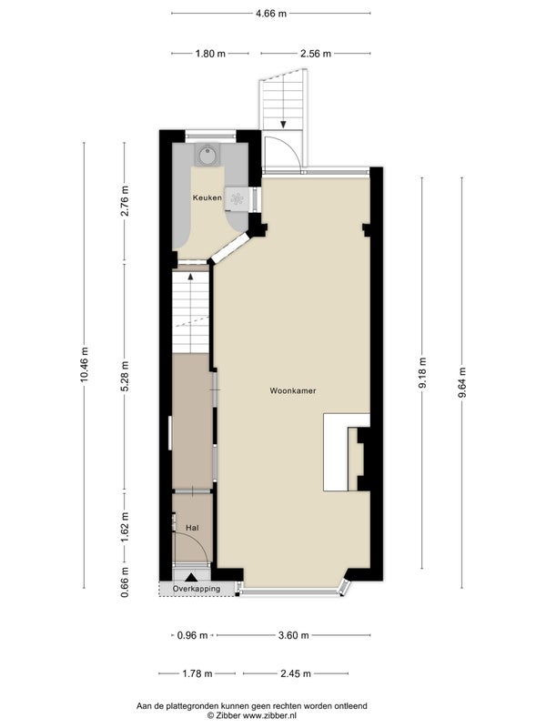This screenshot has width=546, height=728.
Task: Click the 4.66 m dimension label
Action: tap(271, 14)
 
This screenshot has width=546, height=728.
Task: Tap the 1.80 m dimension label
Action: tap(210, 54)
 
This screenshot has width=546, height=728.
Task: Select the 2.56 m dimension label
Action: tap(316, 54)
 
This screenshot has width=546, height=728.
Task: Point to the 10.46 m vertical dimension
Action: tap(84, 365)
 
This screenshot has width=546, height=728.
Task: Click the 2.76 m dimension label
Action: tap(124, 200)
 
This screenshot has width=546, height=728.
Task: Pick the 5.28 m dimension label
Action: tap(124, 376)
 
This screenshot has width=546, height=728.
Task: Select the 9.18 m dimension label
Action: tap(422, 373)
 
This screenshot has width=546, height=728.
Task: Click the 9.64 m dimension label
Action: tap(461, 382)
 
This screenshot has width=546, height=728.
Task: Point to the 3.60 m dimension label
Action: tap(293, 635)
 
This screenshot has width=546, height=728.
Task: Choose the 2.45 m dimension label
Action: tap(296, 673)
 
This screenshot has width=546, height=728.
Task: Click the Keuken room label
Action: tap(207, 197)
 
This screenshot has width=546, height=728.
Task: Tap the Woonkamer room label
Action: tap(293, 391)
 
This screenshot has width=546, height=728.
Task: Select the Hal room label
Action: tap(192, 528)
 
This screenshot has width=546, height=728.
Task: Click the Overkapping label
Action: tap(197, 589)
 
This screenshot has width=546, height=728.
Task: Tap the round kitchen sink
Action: tap(207, 155)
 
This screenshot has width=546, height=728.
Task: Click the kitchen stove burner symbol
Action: tap(238, 198)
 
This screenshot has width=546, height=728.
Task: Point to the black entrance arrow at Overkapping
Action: tap(191, 578)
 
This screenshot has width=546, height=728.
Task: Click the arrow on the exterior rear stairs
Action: tap(283, 125)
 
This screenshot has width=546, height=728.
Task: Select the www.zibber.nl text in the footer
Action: tap(269, 715)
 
